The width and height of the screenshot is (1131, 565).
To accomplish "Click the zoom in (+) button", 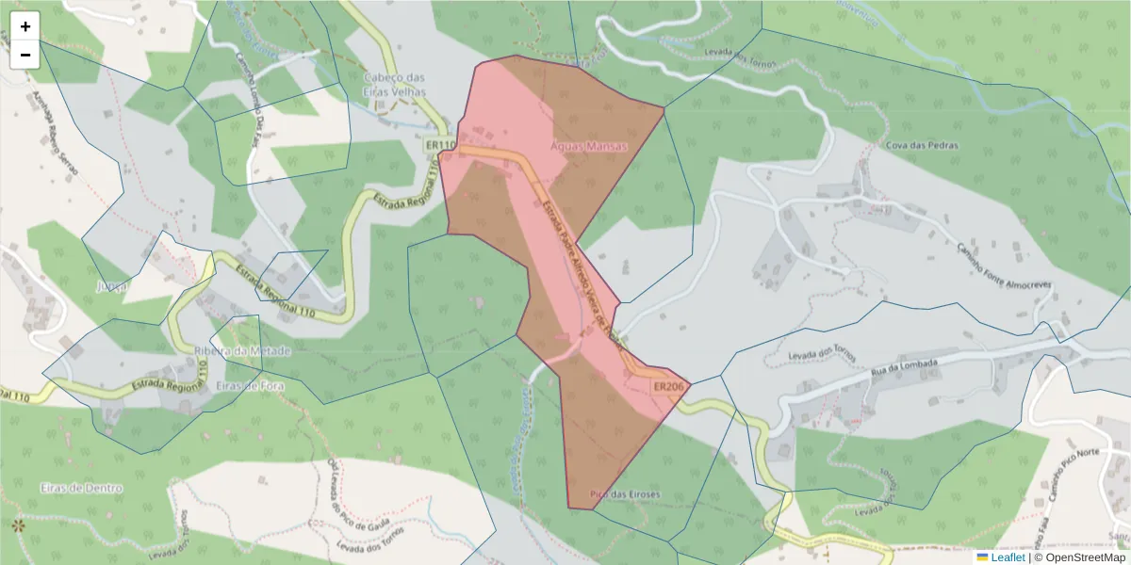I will click(25, 26).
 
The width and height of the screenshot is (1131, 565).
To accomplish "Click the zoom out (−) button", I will click(25, 55).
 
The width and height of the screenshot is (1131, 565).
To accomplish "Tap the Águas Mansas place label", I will click(588, 147).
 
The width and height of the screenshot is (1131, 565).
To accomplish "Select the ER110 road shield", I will click(440, 145).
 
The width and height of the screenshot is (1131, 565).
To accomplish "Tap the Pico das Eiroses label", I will click(625, 494).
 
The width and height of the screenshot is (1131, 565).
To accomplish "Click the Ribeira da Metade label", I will click(242, 351).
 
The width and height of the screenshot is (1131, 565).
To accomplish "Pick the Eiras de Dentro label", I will click(82, 488).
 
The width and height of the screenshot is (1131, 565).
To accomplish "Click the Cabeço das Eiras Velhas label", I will click(395, 85).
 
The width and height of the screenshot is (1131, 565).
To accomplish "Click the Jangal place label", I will click(111, 285).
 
